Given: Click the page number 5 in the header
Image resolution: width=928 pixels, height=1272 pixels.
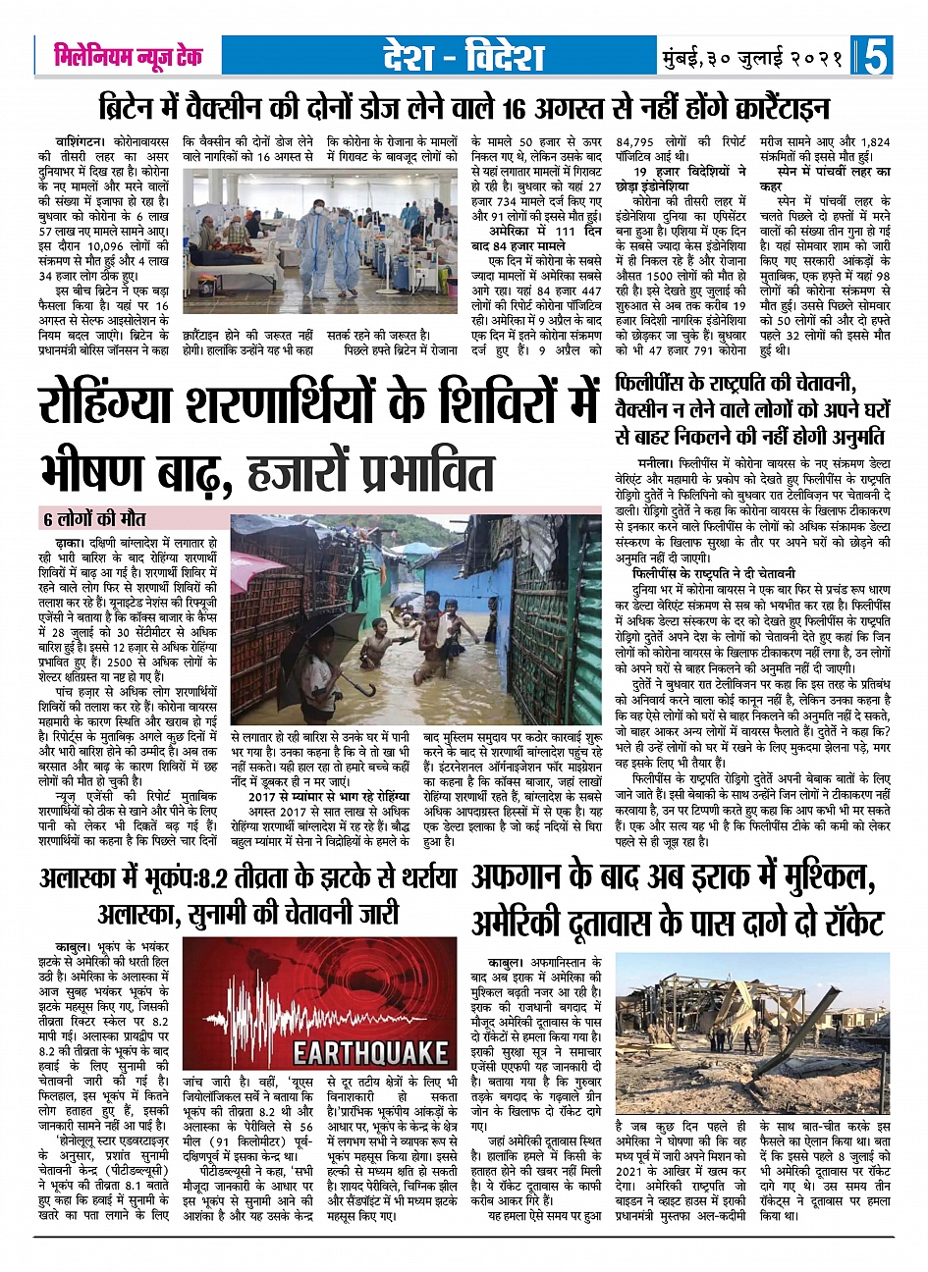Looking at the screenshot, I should pyautogui.click(x=876, y=57).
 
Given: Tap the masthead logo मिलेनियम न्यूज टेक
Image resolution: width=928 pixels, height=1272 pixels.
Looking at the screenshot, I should pyautogui.click(x=129, y=57).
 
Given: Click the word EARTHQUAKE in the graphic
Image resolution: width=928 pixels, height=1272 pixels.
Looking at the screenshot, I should pyautogui.click(x=370, y=1054).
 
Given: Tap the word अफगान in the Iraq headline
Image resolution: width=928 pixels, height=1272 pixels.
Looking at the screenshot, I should pyautogui.click(x=536, y=876).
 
